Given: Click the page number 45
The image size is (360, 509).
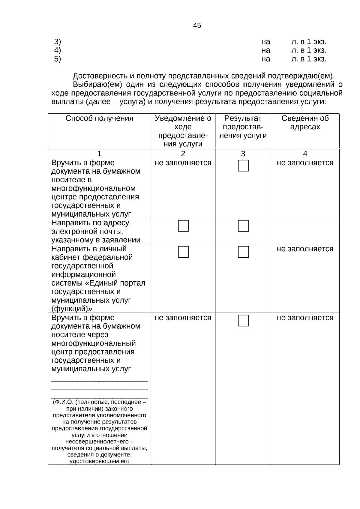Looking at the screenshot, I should point(197,25).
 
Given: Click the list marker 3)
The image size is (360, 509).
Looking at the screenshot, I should point(58,42).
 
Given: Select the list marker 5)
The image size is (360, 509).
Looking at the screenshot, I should point(58,59).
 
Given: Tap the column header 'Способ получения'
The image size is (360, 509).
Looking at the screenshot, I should point(99,118).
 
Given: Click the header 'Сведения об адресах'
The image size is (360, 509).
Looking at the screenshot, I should point(305,123).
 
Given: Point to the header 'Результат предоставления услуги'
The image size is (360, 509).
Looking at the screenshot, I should point(243,127).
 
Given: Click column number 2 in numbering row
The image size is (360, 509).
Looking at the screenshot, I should point(183,154).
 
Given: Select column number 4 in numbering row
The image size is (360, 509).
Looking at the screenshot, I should point(305,154).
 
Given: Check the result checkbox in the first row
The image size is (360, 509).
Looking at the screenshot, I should point(243,166).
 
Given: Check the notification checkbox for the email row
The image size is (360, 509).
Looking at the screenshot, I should point(183,226).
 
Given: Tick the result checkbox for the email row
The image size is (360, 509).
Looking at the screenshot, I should point(243,226).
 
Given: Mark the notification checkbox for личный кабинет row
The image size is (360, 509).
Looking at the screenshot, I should point(183,252).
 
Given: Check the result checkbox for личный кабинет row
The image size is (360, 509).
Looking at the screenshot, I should point(243,252).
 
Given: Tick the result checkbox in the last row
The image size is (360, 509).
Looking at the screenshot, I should point(243,321).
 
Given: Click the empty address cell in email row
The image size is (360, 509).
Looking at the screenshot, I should point(305,231).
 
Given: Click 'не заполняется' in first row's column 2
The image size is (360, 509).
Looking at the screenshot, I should point(183,163).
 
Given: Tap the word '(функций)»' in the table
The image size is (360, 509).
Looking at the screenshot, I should point(72,309).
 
